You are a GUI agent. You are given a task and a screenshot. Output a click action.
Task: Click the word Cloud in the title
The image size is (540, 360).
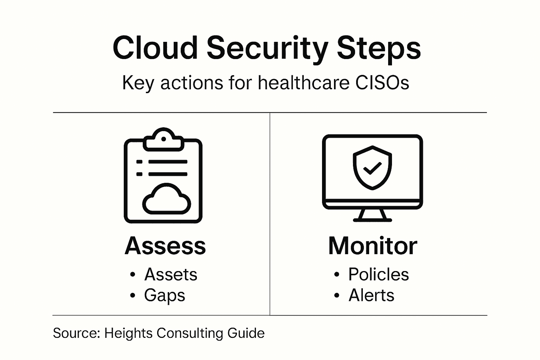point(155,48)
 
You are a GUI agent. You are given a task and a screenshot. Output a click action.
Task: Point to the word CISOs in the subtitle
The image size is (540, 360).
point(382,83)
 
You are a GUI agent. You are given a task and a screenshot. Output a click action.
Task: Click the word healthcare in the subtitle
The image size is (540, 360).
point(304,82)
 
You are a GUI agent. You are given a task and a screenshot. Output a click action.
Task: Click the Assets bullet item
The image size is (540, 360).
point(171,274)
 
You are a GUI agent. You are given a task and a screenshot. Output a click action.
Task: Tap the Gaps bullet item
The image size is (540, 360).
point(165,296)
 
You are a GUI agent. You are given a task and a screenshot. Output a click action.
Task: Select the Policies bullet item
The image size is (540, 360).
point(379,274)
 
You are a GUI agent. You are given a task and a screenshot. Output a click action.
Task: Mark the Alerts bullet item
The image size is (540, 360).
point(371,295)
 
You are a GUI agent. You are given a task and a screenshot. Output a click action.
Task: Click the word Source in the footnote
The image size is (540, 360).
point(76,333)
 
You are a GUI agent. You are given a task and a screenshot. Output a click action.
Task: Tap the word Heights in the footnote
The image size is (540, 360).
point(128,334)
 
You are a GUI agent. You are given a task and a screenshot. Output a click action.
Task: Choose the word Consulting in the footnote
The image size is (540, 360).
point(190,334)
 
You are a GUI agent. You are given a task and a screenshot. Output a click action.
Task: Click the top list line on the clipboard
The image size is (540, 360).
point(168,162)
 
